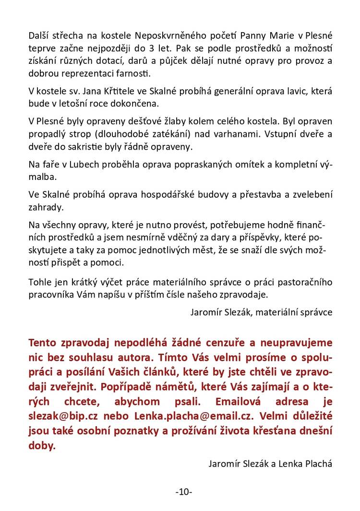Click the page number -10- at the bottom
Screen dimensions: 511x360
tap(184, 491)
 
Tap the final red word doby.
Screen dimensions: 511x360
tap(42, 445)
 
